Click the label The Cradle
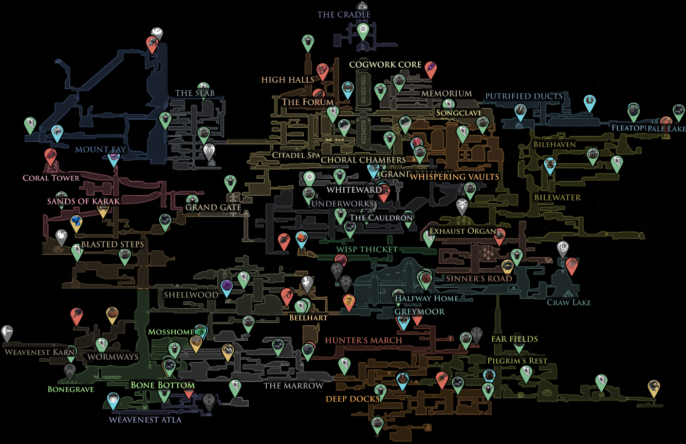pyautogui.click(x=344, y=15)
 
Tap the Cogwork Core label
pyautogui.click(x=385, y=64)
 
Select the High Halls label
pyautogui.click(x=288, y=80)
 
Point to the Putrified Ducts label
pyautogui.click(x=524, y=96)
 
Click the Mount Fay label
pyautogui.click(x=100, y=149)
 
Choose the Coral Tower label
pyautogui.click(x=51, y=178)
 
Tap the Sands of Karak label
pyautogui.click(x=83, y=201)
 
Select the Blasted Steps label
pyautogui.click(x=112, y=244)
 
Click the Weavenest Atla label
pyautogui.click(x=145, y=420)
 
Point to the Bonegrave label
pyautogui.click(x=71, y=389)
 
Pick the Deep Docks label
pyautogui.click(x=352, y=399)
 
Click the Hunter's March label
pyautogui.click(x=364, y=340)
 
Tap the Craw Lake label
pyautogui.click(x=569, y=302)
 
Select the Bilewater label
pyautogui.click(x=557, y=198)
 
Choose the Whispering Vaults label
pyautogui.click(x=454, y=177)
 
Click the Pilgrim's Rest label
pyautogui.click(x=518, y=361)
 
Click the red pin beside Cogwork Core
pyautogui.click(x=430, y=69)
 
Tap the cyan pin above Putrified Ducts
pyautogui.click(x=590, y=102)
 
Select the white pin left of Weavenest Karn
pyautogui.click(x=7, y=333)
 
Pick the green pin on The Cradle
pyautogui.click(x=363, y=30)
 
